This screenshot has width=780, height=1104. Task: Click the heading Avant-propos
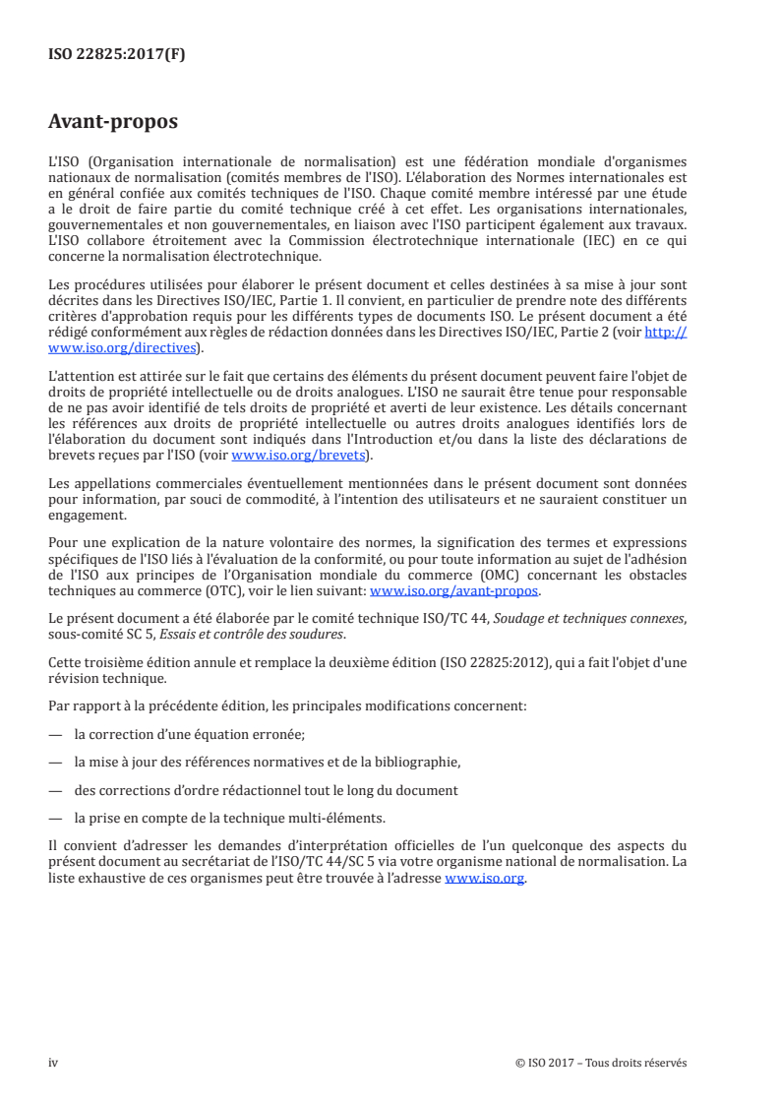click(113, 122)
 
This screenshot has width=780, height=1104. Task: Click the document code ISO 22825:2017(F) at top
click(117, 55)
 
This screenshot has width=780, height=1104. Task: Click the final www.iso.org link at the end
click(485, 880)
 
